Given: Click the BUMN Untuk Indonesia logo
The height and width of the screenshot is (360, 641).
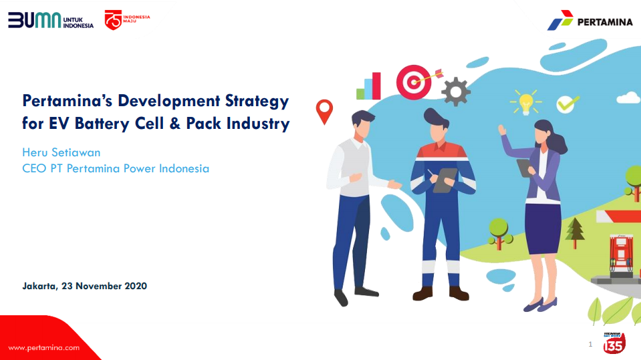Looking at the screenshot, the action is click(51, 19).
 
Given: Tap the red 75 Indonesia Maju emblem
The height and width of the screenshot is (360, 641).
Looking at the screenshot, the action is click(127, 19).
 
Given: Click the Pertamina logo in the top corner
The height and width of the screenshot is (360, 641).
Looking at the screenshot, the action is click(590, 21).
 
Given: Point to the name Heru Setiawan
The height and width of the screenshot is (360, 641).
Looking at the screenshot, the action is click(61, 152).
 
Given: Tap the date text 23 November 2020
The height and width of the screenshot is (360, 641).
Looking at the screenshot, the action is click(104, 286).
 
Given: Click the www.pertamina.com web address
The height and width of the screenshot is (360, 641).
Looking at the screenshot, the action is click(43, 348).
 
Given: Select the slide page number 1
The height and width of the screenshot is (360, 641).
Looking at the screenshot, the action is click(590, 344).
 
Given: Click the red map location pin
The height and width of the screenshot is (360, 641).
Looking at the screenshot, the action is click(324, 111).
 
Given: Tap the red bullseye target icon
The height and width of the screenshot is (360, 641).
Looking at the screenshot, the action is click(415, 82).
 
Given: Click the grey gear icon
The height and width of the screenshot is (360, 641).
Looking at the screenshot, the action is click(456, 92).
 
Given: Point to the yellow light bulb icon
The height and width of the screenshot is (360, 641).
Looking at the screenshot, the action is click(525, 103).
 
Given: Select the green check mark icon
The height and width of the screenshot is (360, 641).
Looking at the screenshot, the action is click(567, 104).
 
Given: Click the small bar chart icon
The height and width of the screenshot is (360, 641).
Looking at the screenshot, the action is click(369, 86).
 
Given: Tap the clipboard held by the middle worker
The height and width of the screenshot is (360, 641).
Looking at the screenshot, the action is click(444, 180).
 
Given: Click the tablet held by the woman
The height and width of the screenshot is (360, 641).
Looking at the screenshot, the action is click(524, 168).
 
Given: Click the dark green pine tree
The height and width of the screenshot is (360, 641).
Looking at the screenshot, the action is click(575, 232).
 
